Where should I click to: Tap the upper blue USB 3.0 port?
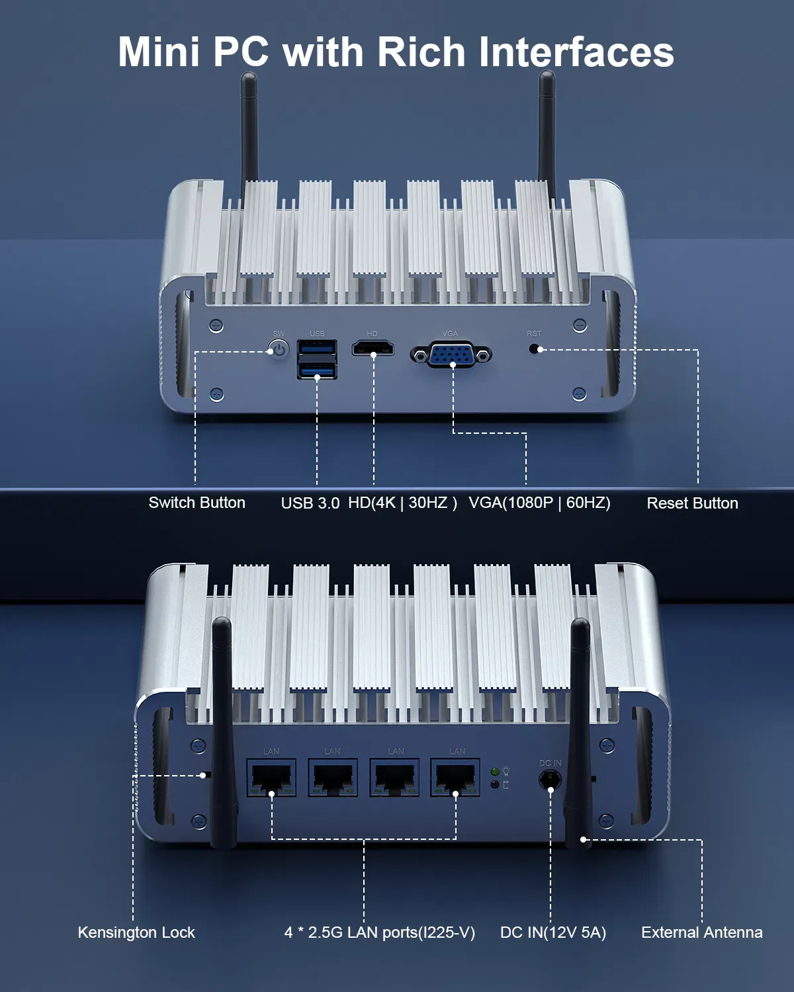click(317, 347)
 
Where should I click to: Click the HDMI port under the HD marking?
click(373, 348)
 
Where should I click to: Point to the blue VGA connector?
click(451, 354)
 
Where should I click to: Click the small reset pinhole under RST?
click(534, 349)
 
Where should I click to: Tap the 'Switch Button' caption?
click(197, 503)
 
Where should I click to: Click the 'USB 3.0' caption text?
click(310, 503)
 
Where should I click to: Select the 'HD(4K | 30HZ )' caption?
click(402, 503)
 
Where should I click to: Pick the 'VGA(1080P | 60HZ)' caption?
click(539, 503)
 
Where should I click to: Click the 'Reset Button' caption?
click(692, 503)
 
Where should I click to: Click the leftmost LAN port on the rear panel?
click(271, 777)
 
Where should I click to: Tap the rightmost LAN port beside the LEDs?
click(455, 777)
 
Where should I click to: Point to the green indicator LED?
click(495, 772)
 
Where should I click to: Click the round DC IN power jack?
click(550, 780)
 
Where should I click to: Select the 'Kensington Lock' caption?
click(136, 932)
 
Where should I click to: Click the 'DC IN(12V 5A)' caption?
click(552, 932)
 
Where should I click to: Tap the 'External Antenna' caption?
click(702, 932)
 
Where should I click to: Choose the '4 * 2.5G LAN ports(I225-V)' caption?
click(379, 932)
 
